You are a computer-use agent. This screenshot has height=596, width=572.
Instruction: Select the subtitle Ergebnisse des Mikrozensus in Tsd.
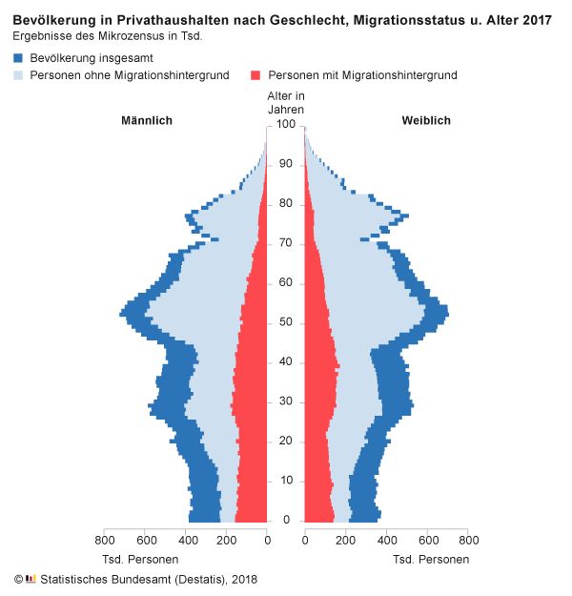coord(108,36)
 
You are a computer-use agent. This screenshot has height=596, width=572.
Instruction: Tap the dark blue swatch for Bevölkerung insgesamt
coord(18,58)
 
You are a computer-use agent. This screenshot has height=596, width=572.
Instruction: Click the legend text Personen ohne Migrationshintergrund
coord(129,74)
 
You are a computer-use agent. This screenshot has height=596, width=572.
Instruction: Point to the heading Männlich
coord(146,120)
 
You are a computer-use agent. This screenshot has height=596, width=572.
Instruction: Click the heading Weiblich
coord(425,120)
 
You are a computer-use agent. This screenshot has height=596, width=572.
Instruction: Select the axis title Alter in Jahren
coord(285,102)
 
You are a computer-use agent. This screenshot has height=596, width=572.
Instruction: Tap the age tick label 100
coord(285,125)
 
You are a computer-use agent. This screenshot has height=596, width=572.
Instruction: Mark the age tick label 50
coord(285,322)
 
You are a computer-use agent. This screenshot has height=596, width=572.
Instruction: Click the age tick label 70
coord(285,244)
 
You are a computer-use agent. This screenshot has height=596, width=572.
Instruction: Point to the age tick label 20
coord(285,441)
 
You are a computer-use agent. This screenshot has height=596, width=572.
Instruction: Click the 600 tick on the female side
coord(427,540)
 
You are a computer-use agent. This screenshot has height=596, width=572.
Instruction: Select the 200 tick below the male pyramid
coord(226,540)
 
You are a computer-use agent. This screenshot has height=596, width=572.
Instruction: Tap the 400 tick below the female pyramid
coord(386,540)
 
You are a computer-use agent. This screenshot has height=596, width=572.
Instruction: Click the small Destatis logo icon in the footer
coord(31,578)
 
